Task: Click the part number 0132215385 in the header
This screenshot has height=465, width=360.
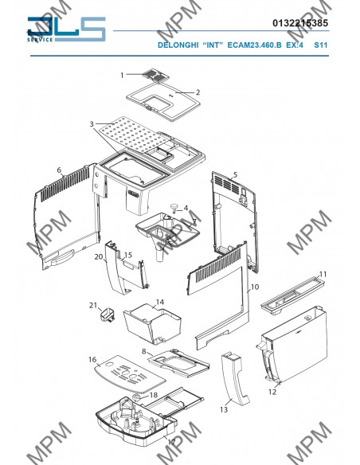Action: pyautogui.click(x=300, y=23)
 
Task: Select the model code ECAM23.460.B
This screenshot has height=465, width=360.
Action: pyautogui.click(x=254, y=45)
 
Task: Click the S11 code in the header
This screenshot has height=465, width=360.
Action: pyautogui.click(x=320, y=45)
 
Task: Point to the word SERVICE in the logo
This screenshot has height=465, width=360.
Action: pyautogui.click(x=40, y=40)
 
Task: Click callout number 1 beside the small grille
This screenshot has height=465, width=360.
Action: pyautogui.click(x=122, y=76)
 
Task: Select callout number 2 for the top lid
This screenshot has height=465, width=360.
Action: pyautogui.click(x=198, y=92)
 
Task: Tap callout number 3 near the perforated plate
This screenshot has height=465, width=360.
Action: pyautogui.click(x=92, y=124)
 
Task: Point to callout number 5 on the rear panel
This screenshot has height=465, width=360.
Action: pyautogui.click(x=236, y=174)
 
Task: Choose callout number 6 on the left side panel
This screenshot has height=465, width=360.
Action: pyautogui.click(x=59, y=170)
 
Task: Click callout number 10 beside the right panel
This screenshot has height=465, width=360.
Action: pyautogui.click(x=255, y=287)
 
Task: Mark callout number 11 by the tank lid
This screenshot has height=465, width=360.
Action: pyautogui.click(x=323, y=275)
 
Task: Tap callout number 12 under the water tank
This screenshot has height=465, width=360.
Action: pyautogui.click(x=272, y=392)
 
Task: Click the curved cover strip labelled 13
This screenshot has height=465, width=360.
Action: pyautogui.click(x=236, y=378)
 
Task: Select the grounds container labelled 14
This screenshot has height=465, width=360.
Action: pyautogui.click(x=152, y=326)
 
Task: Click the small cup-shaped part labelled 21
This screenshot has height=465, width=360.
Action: pyautogui.click(x=107, y=315)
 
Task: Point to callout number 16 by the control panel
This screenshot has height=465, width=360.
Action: pyautogui.click(x=92, y=359)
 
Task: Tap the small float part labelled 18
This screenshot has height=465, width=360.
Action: pyautogui.click(x=137, y=397)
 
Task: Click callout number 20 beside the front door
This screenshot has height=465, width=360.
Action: pyautogui.click(x=99, y=256)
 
